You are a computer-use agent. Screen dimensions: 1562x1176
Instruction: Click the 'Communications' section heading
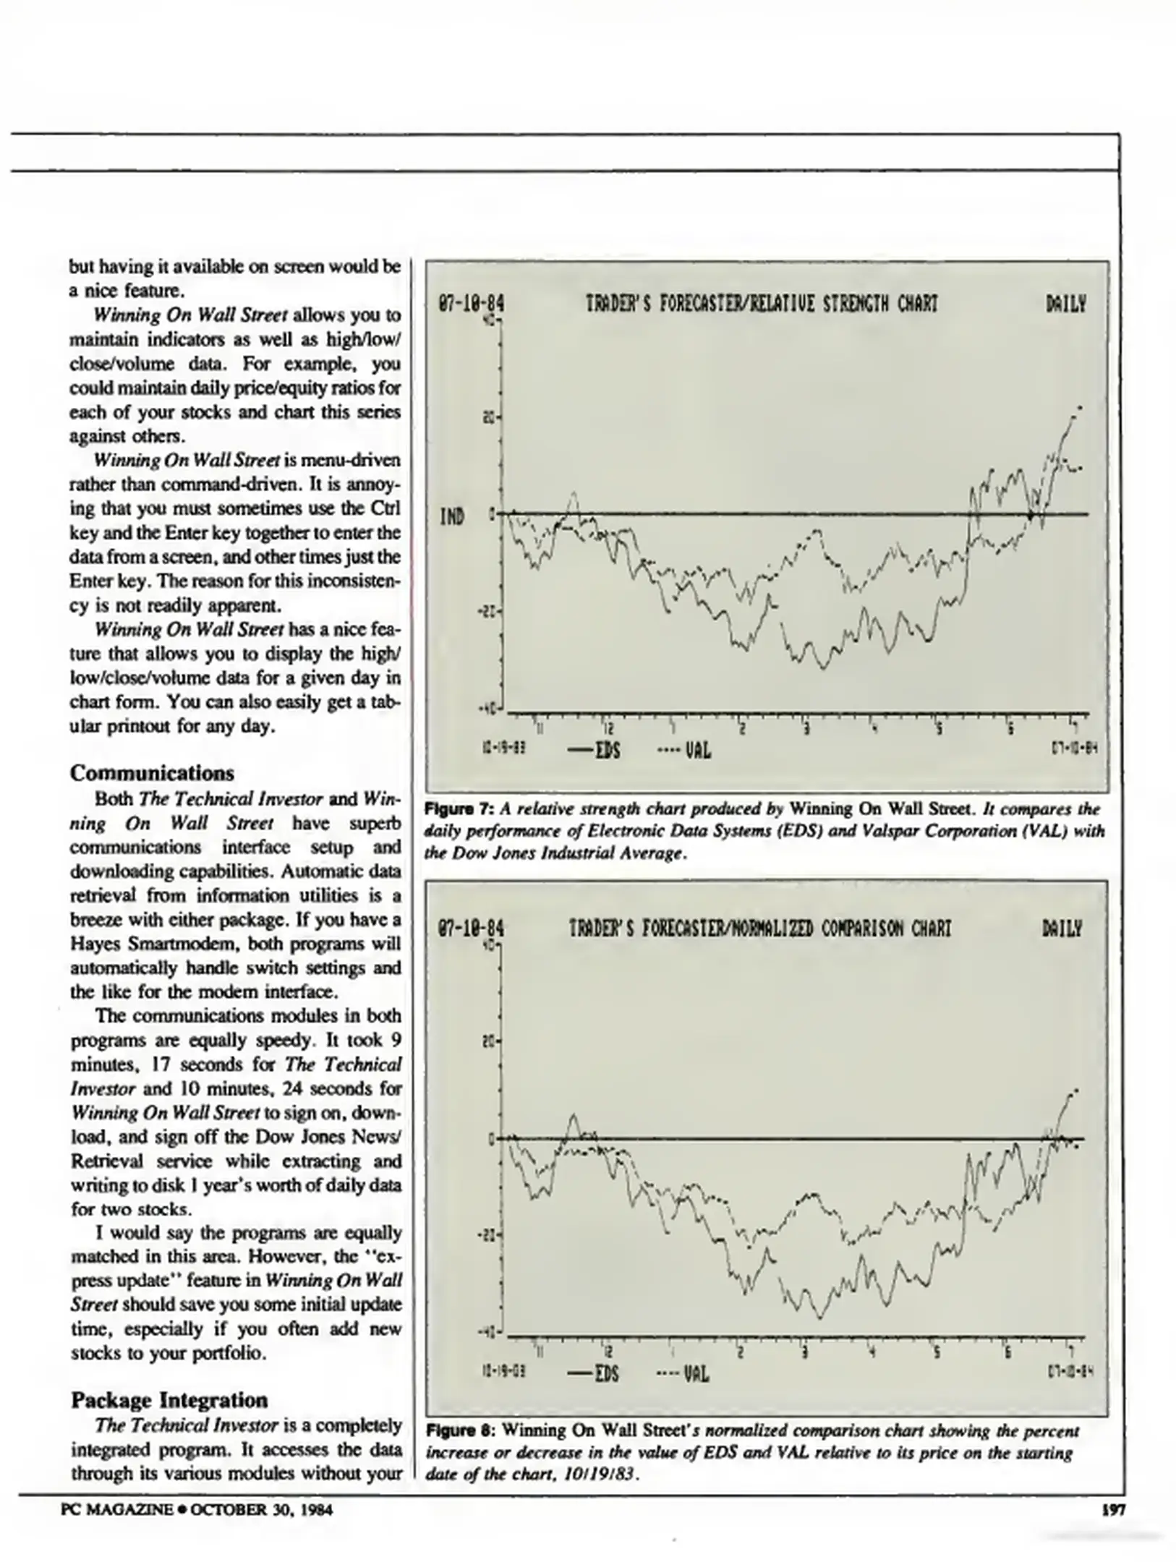(x=152, y=773)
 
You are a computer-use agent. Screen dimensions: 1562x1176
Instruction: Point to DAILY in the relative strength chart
(x=1065, y=304)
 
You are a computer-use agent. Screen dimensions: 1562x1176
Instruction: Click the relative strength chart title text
(x=761, y=304)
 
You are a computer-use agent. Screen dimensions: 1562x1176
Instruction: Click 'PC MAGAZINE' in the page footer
(x=117, y=1510)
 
